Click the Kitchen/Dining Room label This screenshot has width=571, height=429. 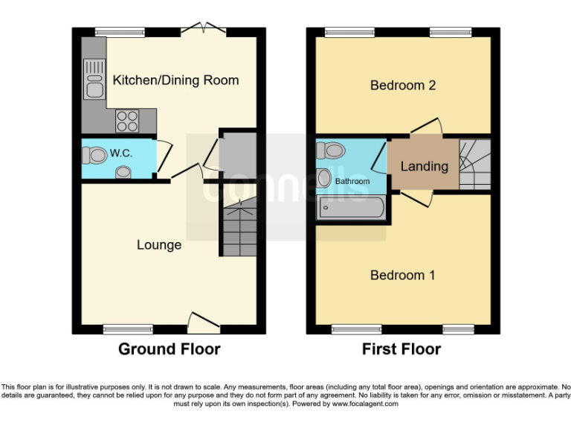(x=175, y=80)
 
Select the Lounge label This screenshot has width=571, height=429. (x=159, y=244)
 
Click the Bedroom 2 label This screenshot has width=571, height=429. (x=403, y=85)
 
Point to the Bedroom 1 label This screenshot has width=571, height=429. (x=403, y=275)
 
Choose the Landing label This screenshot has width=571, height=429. (x=424, y=166)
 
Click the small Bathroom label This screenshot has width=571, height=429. (x=352, y=181)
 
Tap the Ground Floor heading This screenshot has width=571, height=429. (x=170, y=349)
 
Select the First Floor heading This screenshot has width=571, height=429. (x=401, y=349)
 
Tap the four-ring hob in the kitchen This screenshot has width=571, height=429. (x=126, y=118)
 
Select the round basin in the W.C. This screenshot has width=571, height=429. (x=123, y=173)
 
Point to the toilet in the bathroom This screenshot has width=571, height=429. (x=333, y=151)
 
